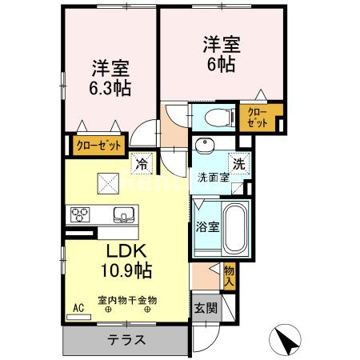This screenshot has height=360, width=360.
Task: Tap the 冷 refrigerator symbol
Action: pos(141,163)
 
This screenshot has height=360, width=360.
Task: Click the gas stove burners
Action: pos(82,214)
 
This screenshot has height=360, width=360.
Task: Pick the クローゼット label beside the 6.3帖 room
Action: pos(98,146)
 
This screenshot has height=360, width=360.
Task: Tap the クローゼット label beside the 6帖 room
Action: pos(257,117)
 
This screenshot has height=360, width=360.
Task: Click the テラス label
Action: pos(126,339)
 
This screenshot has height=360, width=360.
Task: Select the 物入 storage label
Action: pos(228,276)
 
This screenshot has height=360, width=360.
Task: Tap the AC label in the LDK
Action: pos(78,307)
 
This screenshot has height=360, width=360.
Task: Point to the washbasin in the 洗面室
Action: pos(204,146)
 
